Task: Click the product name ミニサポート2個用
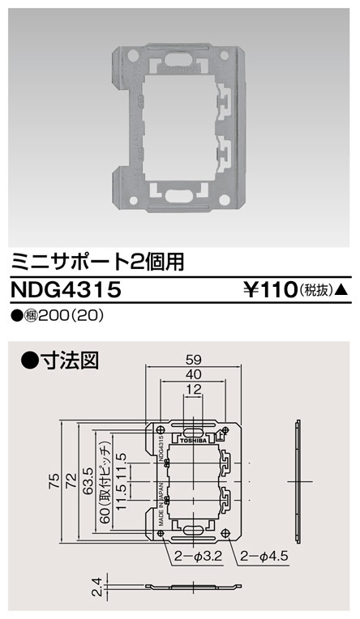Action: tap(92, 261)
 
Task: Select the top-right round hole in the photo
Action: tap(223, 56)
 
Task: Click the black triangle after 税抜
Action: tap(343, 288)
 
